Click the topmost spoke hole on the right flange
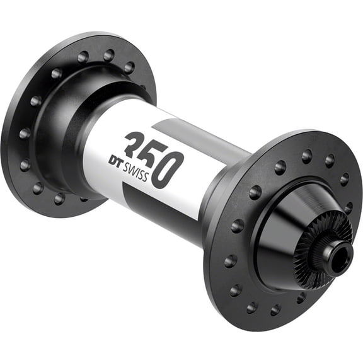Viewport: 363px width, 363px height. [307, 153]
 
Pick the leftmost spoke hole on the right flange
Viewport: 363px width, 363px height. [225, 230]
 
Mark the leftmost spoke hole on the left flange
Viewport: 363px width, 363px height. [23, 134]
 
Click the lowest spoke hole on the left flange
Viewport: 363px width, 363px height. [59, 199]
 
